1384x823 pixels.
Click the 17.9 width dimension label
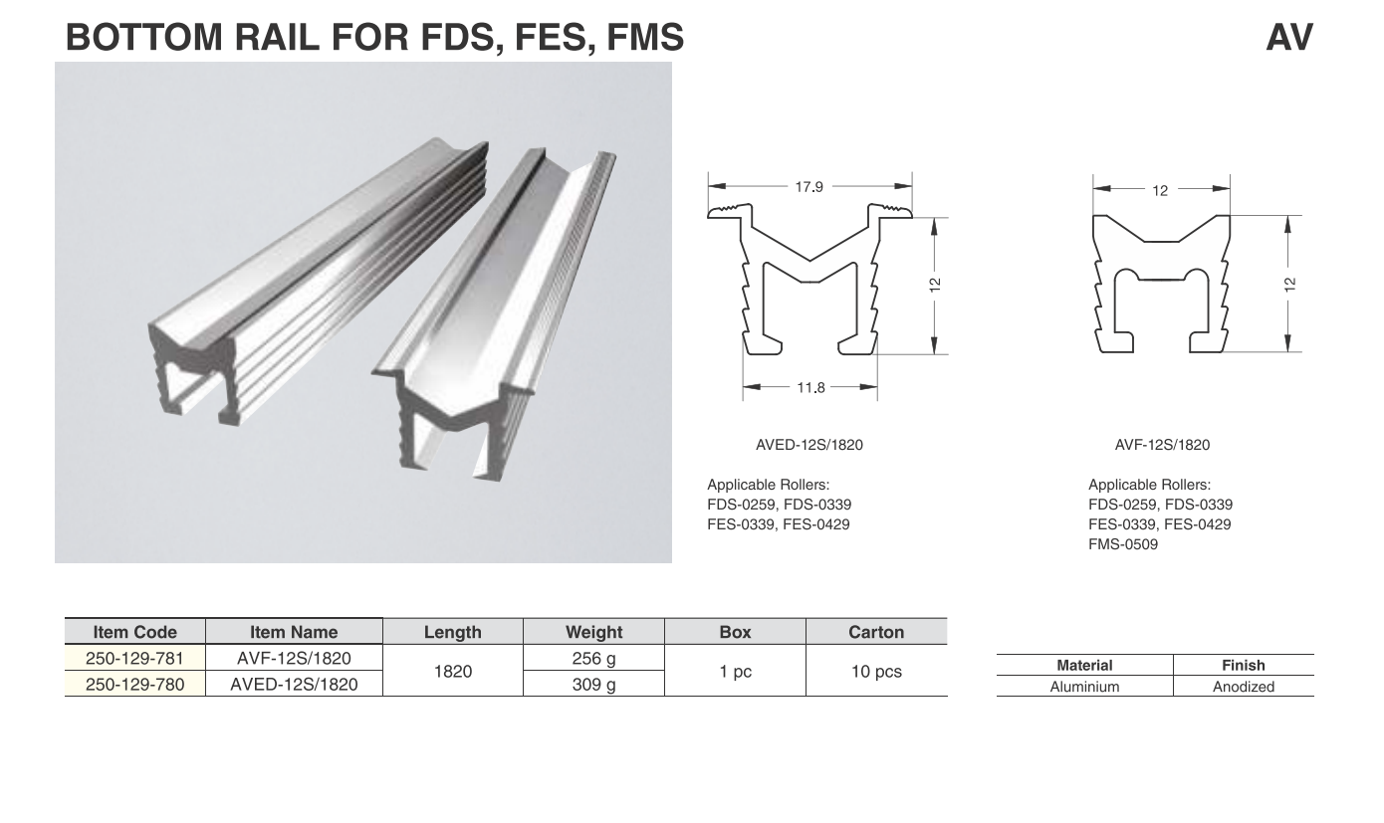pyautogui.click(x=808, y=187)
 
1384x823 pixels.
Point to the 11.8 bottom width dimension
pyautogui.click(x=810, y=388)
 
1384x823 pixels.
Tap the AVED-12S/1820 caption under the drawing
pyautogui.click(x=809, y=445)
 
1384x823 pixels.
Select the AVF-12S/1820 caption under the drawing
pyautogui.click(x=1162, y=445)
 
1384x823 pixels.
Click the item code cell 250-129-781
pyautogui.click(x=134, y=658)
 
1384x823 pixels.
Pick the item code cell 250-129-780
pyautogui.click(x=134, y=684)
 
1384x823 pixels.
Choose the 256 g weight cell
pyautogui.click(x=593, y=658)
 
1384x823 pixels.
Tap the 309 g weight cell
pyautogui.click(x=593, y=684)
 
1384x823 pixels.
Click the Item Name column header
pyautogui.click(x=294, y=632)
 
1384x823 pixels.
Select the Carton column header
pyautogui.click(x=876, y=632)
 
